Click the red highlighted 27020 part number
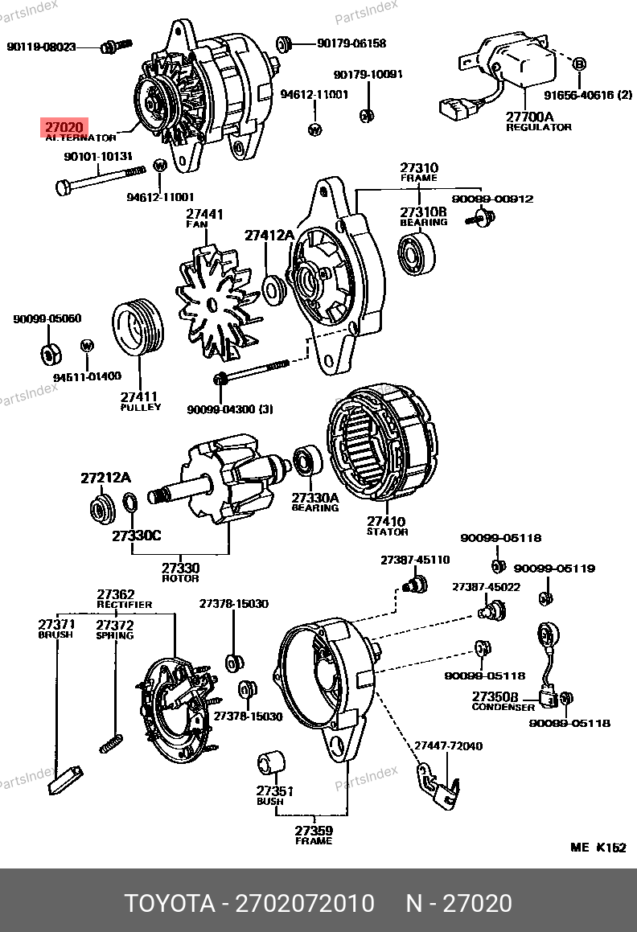pos(63,127)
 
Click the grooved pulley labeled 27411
pos(138,329)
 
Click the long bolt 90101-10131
pos(100,179)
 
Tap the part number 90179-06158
pos(351,43)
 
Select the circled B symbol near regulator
pos(579,63)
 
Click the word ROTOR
pos(180,579)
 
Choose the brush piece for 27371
pos(64,779)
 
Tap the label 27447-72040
pos(449,746)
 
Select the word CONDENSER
pos(503,708)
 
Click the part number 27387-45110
pos(415,560)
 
